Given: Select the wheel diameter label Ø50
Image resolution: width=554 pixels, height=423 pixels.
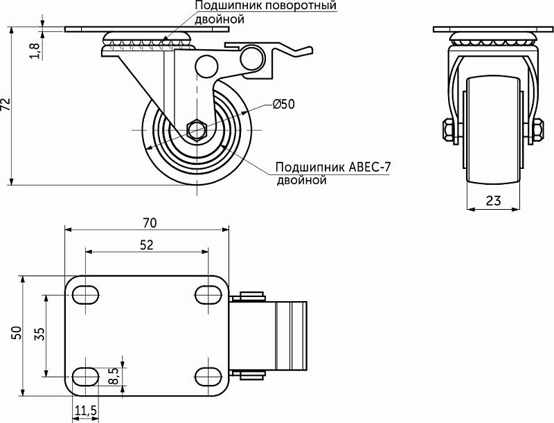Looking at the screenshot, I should coord(283,105).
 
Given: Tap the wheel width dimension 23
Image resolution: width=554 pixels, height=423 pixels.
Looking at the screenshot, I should coord(493,201).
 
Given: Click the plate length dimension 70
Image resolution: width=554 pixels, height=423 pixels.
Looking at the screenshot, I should coord(149,222).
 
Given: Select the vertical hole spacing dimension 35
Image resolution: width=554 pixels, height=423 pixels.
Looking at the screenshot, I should coord(39,334).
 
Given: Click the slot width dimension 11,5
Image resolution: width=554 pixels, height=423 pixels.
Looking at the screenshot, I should coord(85,411).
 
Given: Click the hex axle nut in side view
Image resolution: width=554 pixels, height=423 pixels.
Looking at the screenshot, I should coord(196,129).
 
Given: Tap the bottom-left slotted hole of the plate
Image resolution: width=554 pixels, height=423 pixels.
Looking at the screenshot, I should coord(85,376).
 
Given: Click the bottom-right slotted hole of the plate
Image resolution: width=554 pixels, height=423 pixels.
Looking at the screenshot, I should coord(208,376).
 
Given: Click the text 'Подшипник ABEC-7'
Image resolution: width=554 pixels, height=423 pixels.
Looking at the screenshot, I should coord(332,168).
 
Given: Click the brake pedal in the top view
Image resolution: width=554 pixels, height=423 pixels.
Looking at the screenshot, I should coord(291,335).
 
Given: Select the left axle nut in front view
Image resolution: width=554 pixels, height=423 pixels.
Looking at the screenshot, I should coord(447,129).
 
